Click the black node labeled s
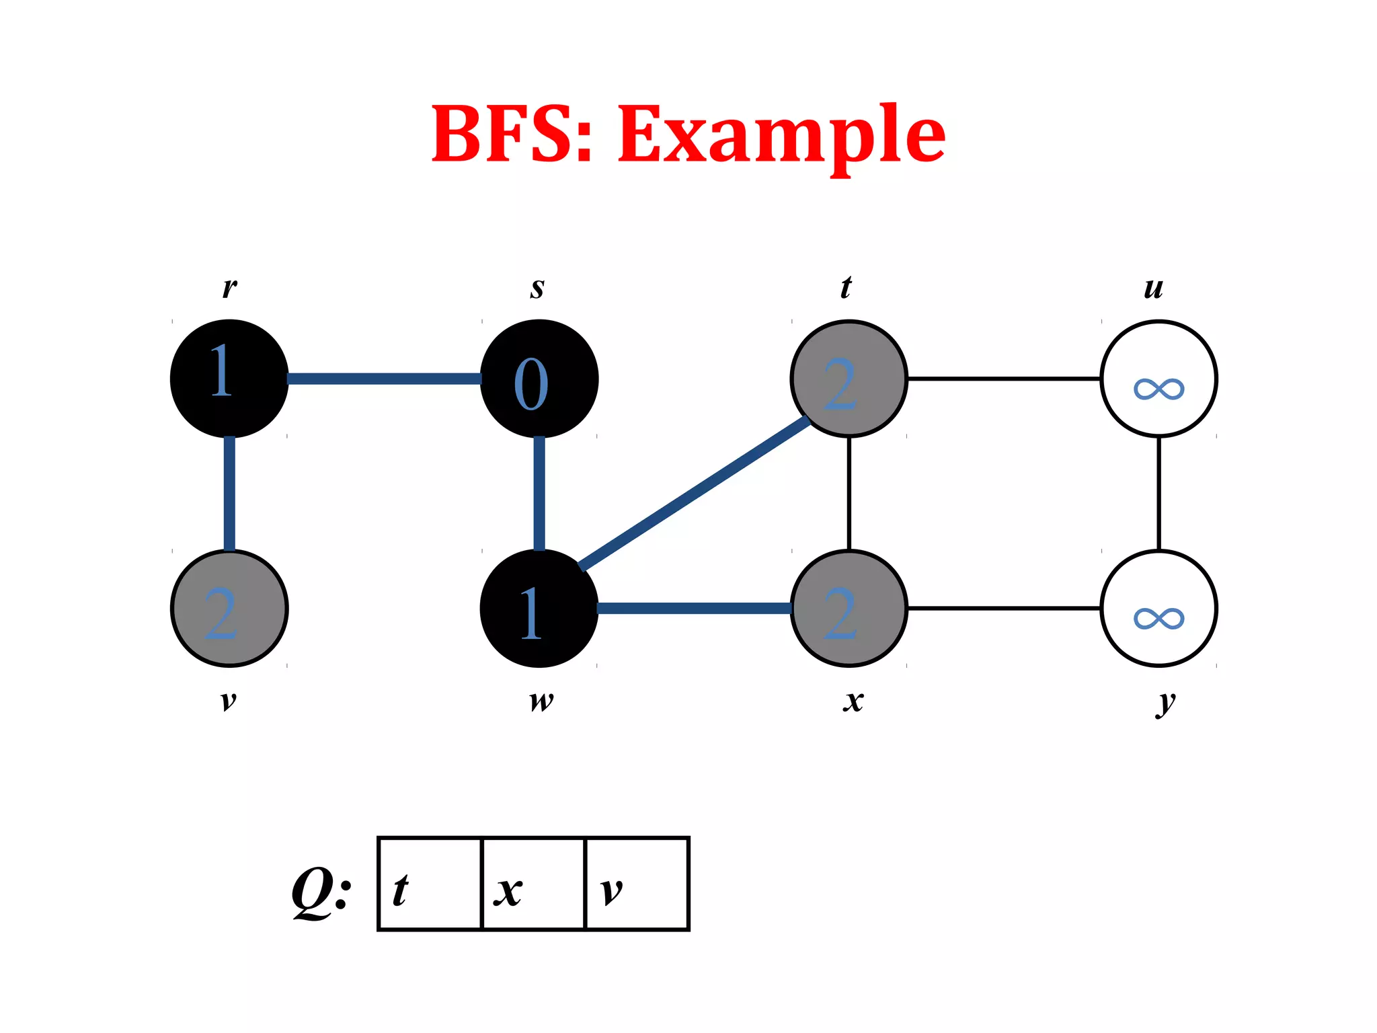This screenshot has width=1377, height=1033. click(x=539, y=379)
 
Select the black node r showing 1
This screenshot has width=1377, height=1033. click(x=229, y=379)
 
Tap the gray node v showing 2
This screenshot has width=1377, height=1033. click(x=229, y=609)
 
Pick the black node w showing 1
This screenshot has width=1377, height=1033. click(x=539, y=609)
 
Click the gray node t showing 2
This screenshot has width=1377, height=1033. click(x=849, y=379)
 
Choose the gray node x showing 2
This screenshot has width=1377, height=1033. click(x=849, y=609)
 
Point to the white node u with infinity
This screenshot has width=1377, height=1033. click(x=1158, y=379)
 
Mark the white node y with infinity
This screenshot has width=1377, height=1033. click(x=1158, y=609)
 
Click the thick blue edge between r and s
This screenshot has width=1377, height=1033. click(x=384, y=379)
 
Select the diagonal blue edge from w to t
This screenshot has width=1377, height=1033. click(x=695, y=493)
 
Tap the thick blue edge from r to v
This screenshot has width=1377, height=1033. click(x=229, y=493)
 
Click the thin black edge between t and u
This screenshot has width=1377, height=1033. click(x=1004, y=379)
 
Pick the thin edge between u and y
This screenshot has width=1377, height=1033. click(x=1158, y=493)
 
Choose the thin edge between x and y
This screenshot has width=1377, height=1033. click(x=1004, y=609)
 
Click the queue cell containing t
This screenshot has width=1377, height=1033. click(x=430, y=884)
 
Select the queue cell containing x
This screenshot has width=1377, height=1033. click(x=534, y=884)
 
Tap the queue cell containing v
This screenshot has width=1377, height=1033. click(x=637, y=884)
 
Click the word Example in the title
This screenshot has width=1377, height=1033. click(x=781, y=135)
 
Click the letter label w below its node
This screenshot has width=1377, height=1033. click(x=541, y=701)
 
